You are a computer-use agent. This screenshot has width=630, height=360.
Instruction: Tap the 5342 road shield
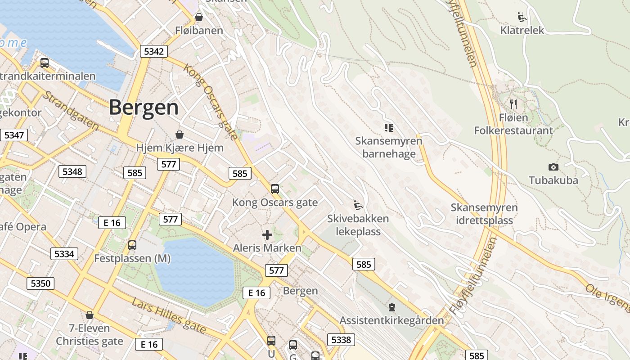[153, 51]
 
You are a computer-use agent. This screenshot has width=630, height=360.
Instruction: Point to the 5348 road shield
[72, 171]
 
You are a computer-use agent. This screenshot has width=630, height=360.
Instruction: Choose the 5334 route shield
[64, 254]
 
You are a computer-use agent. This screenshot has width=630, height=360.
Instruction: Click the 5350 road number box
[40, 283]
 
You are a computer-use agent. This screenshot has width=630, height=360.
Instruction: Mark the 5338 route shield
[341, 339]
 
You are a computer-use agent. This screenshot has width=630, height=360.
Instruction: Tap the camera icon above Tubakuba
[553, 167]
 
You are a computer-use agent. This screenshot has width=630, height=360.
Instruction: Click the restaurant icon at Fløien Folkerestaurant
[513, 104]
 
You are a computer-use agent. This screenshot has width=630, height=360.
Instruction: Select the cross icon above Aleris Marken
[267, 234]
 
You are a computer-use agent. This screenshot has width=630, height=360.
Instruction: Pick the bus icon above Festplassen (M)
[132, 245]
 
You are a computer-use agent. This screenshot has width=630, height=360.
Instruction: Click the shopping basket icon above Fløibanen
[199, 17]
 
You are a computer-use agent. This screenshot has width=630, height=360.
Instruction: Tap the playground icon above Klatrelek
[522, 17]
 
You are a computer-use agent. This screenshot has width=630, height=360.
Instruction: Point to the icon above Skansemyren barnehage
[389, 128]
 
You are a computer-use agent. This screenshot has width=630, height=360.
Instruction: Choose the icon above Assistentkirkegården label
[392, 307]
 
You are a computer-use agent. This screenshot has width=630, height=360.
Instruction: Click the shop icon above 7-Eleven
[90, 315]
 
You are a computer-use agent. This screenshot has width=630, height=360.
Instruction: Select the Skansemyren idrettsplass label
[484, 214]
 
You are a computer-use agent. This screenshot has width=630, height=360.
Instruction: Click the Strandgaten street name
[71, 111]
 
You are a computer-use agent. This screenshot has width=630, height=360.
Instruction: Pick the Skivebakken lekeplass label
[358, 225]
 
